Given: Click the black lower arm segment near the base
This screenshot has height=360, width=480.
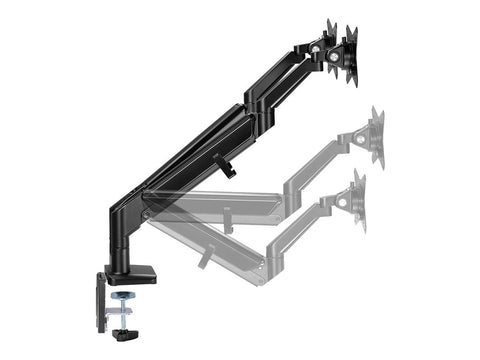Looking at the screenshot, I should tap(180, 160).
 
